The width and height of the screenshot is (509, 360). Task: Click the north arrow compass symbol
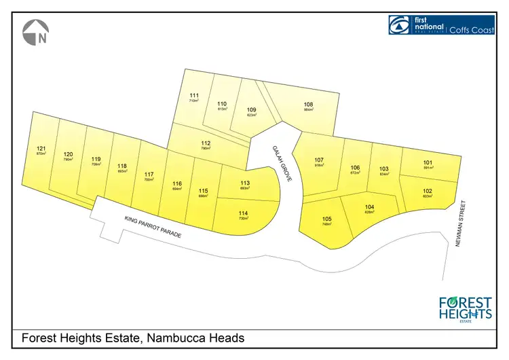[x=36, y=33]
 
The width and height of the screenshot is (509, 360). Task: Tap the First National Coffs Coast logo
[x=440, y=25]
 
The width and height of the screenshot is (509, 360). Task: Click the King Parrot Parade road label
[x=153, y=227]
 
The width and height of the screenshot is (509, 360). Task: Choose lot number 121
[x=41, y=148]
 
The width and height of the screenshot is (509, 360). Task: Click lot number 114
[x=243, y=214]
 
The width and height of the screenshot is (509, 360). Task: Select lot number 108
[x=309, y=105]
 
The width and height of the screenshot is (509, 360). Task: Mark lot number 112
[x=206, y=143]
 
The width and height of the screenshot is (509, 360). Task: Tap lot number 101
[x=428, y=162]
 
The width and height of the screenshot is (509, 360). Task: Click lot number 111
[x=194, y=96]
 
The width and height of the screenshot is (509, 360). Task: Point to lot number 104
[x=370, y=207]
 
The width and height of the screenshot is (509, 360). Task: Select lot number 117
[x=149, y=175]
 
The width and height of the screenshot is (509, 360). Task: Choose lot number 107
[x=319, y=160]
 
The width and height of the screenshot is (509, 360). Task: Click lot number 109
[x=251, y=110]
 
